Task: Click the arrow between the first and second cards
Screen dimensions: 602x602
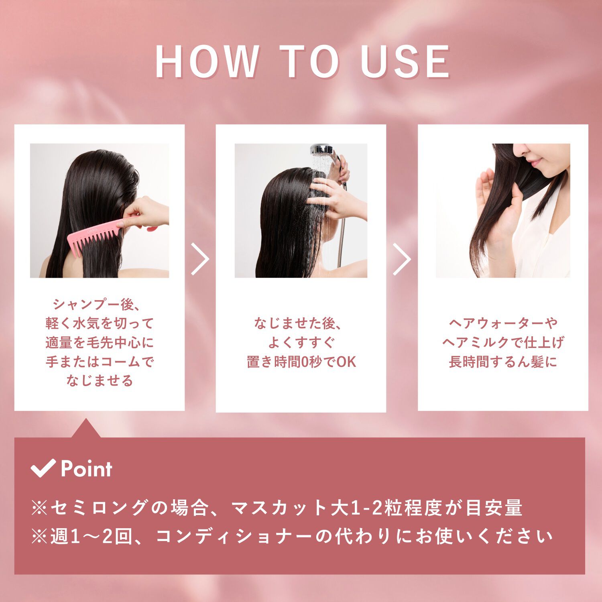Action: pos(200,259)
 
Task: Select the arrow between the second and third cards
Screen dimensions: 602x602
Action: pos(402,259)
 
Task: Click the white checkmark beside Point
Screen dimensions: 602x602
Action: pos(43,468)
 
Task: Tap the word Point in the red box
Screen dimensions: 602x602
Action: pos(86,469)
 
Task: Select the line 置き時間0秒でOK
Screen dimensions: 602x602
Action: pos(301,362)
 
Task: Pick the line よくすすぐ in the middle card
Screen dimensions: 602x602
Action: pos(301,342)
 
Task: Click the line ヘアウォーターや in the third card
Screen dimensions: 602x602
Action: pos(503,323)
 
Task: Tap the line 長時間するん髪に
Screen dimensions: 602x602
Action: pos(503,362)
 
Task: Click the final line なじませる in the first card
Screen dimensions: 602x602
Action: pos(100,380)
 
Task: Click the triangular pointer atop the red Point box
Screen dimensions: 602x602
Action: pos(85,429)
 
